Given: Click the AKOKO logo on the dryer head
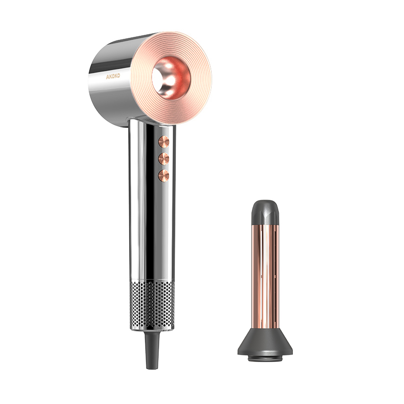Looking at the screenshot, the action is pos(113,76).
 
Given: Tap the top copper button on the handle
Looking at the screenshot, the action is pos(164,142).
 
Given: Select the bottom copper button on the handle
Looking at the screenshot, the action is pos(164,176).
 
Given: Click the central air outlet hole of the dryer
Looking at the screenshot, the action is pos(171,78).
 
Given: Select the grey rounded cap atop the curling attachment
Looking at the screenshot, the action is pos(265,213).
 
